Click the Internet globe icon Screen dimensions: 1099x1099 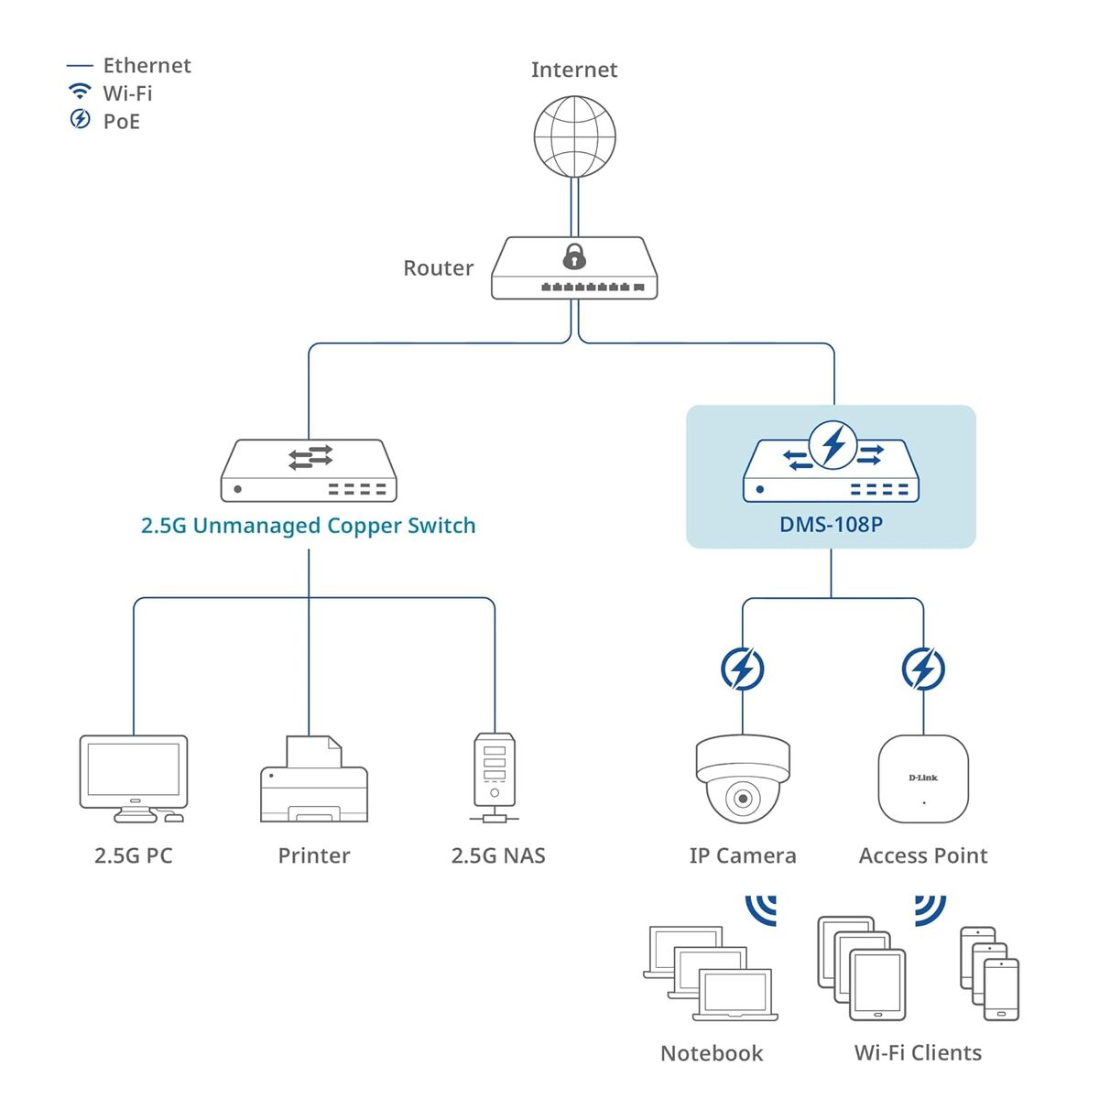574,136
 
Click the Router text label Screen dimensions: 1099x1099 438,268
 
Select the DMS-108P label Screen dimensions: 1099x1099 831,525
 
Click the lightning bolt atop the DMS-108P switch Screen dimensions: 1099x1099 833,445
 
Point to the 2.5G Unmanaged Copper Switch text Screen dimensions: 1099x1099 308,526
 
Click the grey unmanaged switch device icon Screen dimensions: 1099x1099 309,471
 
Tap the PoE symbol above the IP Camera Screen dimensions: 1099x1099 742,669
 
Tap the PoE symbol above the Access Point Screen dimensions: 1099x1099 923,669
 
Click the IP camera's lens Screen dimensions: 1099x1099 743,799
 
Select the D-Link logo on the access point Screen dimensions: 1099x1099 923,778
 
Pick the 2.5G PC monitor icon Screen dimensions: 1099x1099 134,771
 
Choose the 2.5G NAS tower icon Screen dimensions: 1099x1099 495,775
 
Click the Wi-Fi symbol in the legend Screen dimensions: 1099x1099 81,92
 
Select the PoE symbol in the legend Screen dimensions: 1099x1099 81,119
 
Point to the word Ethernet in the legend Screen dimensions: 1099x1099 147,66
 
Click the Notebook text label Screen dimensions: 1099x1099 711,1053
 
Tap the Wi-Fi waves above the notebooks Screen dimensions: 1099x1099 763,910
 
